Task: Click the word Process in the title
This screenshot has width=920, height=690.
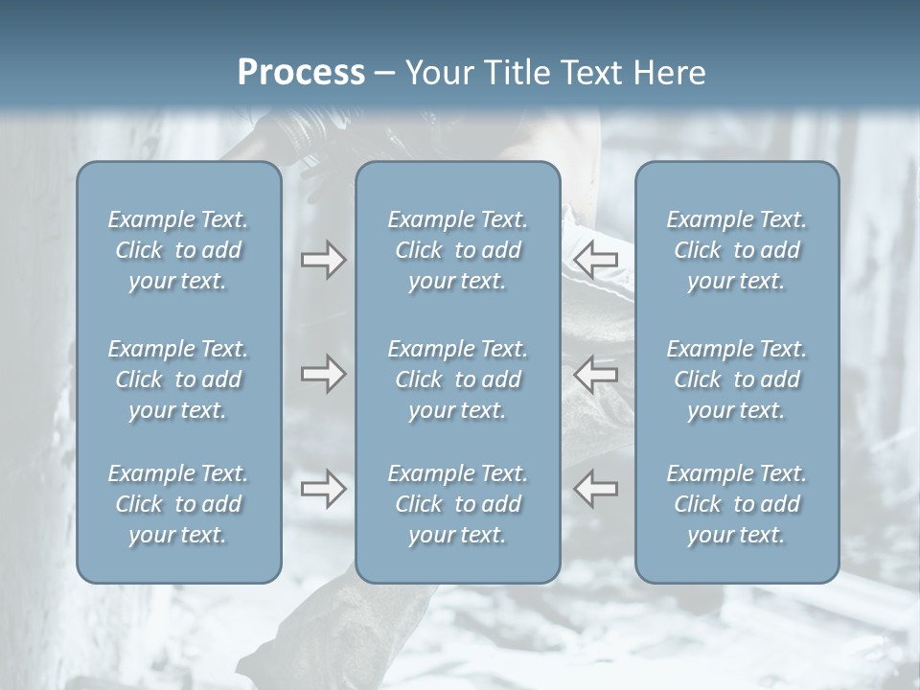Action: coord(301,72)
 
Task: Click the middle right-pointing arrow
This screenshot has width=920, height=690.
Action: coord(324,373)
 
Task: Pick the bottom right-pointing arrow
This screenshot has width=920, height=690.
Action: coord(324,489)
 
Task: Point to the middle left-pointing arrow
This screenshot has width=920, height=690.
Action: coord(596,373)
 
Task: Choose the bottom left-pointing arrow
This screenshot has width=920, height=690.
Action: coord(596,489)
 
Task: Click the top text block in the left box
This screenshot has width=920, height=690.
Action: coord(178,250)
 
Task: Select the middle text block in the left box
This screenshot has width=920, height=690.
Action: coord(178,379)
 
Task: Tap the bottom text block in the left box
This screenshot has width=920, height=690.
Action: coord(178,504)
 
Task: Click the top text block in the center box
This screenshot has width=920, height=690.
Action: coord(457,250)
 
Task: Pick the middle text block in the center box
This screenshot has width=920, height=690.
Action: coord(457,379)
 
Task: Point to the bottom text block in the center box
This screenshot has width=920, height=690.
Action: coord(457,504)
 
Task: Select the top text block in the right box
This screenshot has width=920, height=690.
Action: coord(736,250)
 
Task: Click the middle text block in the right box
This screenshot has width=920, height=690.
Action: coord(736,379)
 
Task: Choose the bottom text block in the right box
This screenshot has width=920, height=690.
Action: coord(736,504)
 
